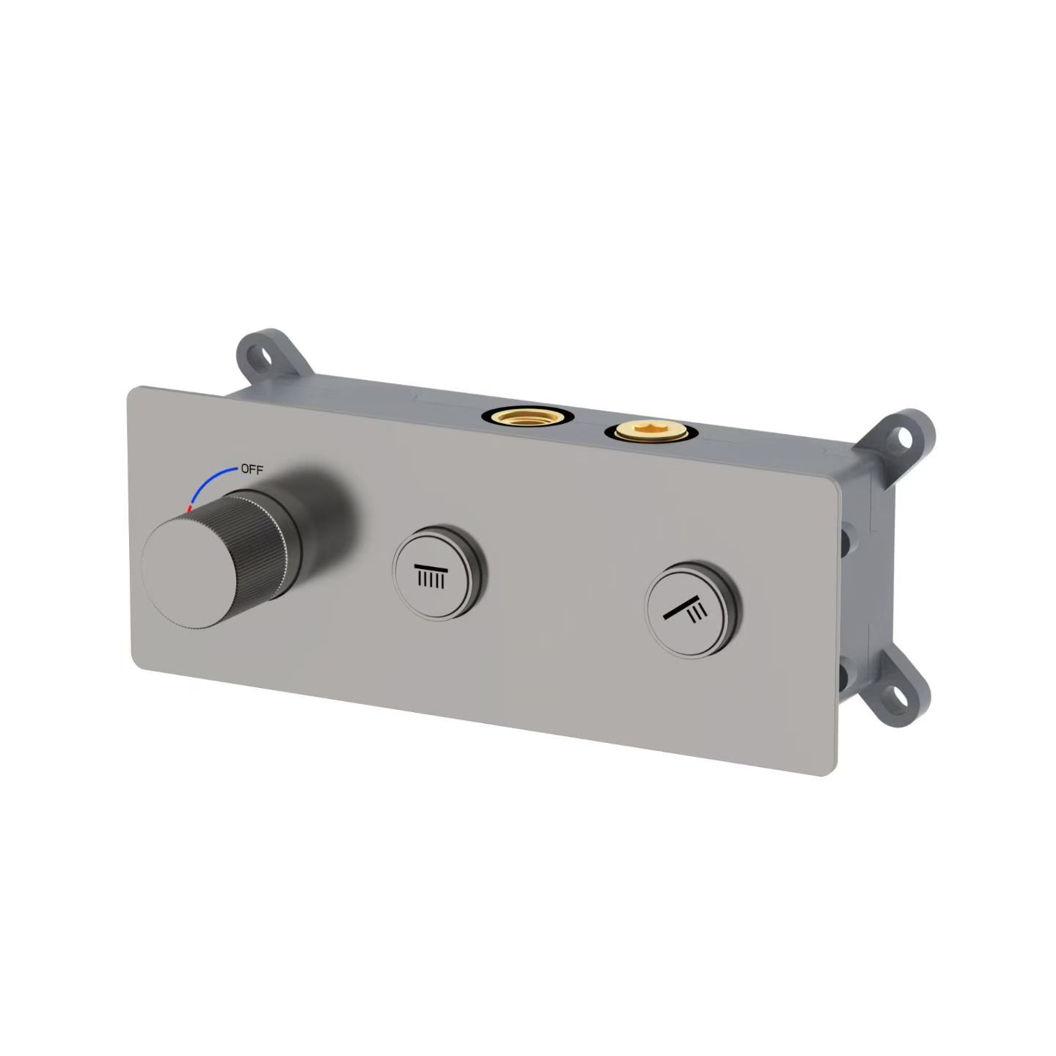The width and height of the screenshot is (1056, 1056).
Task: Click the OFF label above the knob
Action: (x=252, y=469)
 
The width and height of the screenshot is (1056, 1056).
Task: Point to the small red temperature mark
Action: (x=190, y=508)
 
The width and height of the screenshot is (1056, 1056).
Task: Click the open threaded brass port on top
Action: (x=528, y=416)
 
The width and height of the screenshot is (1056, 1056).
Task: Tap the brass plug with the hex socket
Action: (x=651, y=431)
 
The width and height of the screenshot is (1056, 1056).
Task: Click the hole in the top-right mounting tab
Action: (x=904, y=439)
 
